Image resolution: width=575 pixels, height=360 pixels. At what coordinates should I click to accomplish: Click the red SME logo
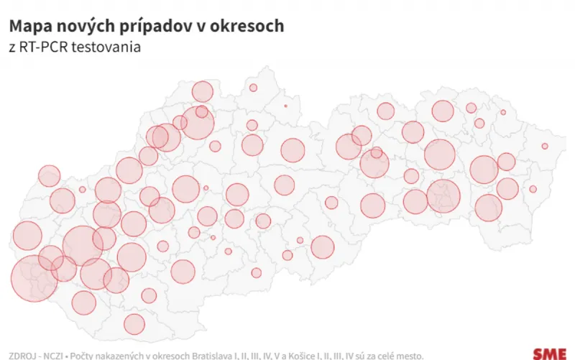(x=548, y=353)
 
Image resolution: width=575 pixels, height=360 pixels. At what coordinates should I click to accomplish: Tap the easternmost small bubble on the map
(x=545, y=147)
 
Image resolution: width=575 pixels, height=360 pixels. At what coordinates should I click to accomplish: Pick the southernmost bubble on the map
(x=134, y=324)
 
